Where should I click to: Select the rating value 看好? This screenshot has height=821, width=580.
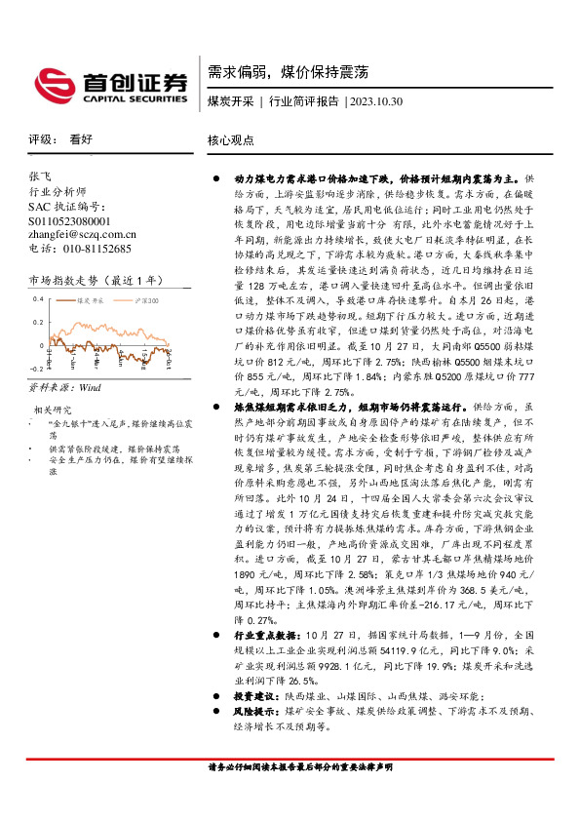[81, 139]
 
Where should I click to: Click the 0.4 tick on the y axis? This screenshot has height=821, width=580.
[38, 297]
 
